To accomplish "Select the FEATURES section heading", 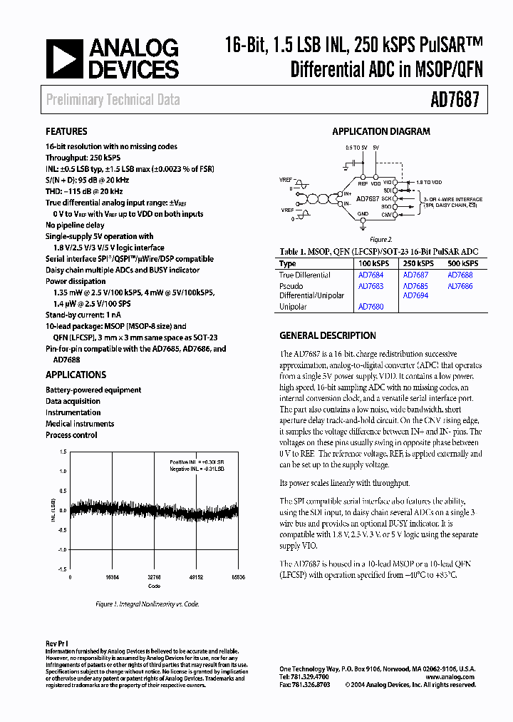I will pyautogui.click(x=66, y=131).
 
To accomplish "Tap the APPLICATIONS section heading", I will pyautogui.click(x=76, y=375).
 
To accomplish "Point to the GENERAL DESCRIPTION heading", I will pyautogui.click(x=328, y=335).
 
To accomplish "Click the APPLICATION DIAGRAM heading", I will pyautogui.click(x=381, y=131).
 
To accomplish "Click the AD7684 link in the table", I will pyautogui.click(x=370, y=275).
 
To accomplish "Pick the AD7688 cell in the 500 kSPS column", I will pyautogui.click(x=460, y=275).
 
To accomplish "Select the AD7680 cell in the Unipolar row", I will pyautogui.click(x=370, y=307).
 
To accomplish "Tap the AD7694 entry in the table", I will pyautogui.click(x=415, y=295).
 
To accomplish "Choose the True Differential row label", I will pyautogui.click(x=305, y=275).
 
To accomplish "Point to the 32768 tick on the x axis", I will pyautogui.click(x=154, y=576).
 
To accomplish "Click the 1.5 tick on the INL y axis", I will pyautogui.click(x=63, y=452).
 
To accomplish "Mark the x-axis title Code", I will pyautogui.click(x=154, y=586).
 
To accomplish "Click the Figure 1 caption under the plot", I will pyautogui.click(x=147, y=604).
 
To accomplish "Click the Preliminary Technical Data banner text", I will pyautogui.click(x=113, y=101).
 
